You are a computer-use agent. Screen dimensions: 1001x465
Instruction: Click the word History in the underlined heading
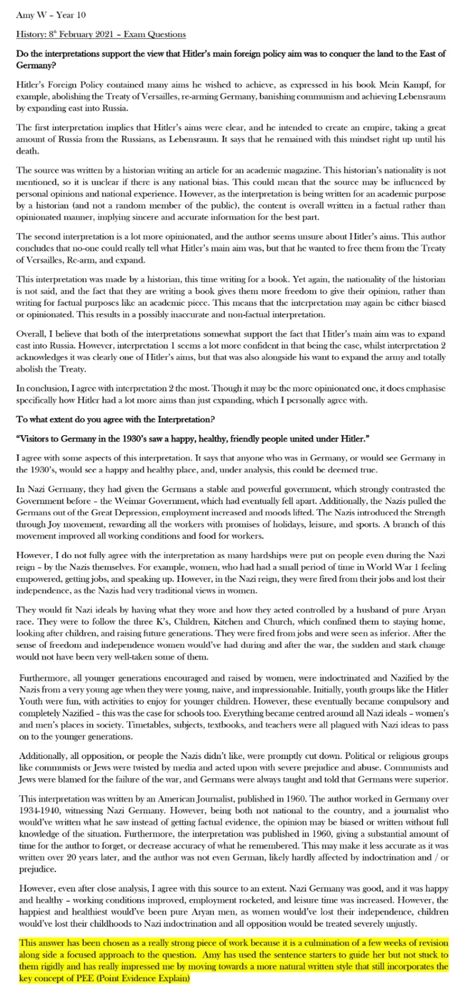click(x=29, y=35)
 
